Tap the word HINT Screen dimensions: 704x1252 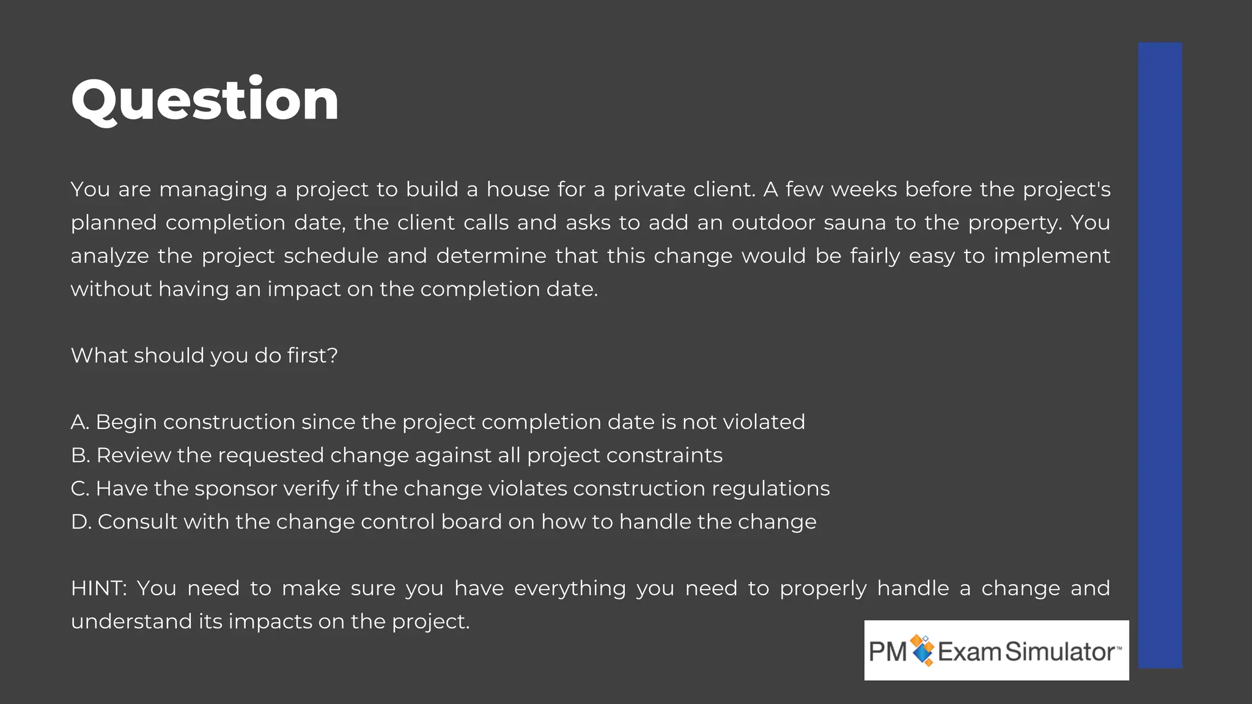click(x=98, y=588)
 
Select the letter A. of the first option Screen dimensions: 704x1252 click(x=80, y=422)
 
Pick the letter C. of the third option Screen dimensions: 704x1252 click(x=80, y=488)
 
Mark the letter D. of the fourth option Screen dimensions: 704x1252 click(x=81, y=522)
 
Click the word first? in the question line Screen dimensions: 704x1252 click(x=312, y=355)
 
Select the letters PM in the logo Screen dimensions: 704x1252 click(x=887, y=651)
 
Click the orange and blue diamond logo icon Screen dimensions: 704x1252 click(x=922, y=650)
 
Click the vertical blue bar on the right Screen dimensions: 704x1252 click(x=1160, y=354)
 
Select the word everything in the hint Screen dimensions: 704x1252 click(x=570, y=588)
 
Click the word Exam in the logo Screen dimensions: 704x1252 click(x=970, y=651)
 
